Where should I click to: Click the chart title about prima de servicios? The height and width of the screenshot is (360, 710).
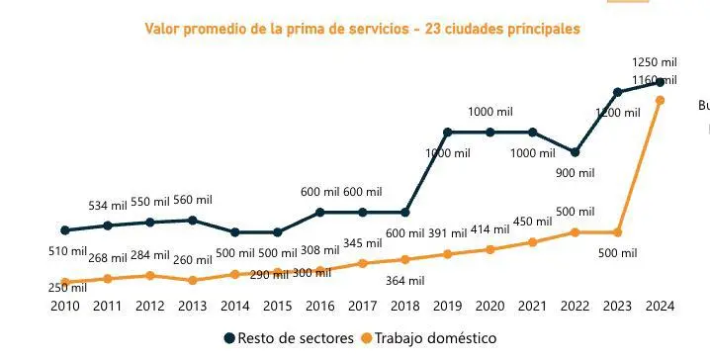(362, 30)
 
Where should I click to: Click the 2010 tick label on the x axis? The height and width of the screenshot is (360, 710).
(64, 307)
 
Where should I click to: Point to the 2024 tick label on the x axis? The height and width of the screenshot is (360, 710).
(660, 307)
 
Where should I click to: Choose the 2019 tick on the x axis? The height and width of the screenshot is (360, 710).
(447, 307)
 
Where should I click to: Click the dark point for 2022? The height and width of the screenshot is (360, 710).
(575, 152)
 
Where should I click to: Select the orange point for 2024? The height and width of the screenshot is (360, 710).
(660, 100)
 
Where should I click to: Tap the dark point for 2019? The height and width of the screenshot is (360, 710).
(447, 132)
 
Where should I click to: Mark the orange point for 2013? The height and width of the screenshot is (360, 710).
(192, 280)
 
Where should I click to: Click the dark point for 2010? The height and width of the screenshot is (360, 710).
(64, 230)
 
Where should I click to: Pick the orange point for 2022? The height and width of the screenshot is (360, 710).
(575, 232)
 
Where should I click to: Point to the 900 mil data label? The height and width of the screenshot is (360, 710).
(574, 173)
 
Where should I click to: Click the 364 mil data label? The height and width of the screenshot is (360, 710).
(403, 281)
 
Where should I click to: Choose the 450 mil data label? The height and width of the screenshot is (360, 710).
(532, 222)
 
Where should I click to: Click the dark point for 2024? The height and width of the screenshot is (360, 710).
(660, 82)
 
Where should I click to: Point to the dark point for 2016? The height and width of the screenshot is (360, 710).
(319, 212)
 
